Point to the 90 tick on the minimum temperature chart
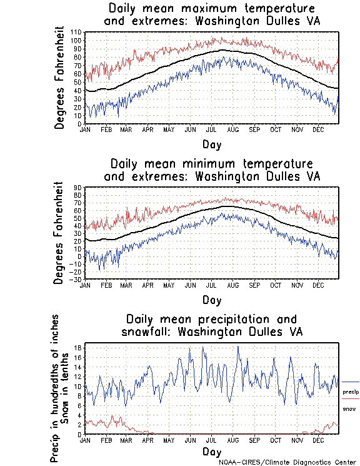[78, 187]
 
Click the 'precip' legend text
[351, 392]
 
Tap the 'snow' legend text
[349, 408]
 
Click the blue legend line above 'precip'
[351, 382]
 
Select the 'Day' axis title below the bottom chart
[211, 452]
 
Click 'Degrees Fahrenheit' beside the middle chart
[59, 233]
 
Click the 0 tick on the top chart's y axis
[79, 124]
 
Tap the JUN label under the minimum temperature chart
[190, 284]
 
